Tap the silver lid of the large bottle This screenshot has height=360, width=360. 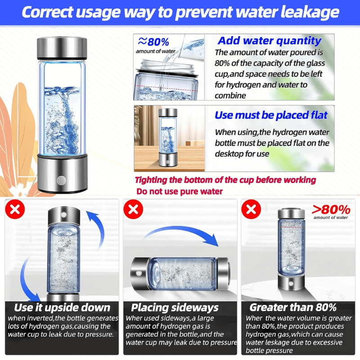pos(61,47)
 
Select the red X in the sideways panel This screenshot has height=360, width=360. pos(133,209)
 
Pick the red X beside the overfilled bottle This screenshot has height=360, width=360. pos(251,209)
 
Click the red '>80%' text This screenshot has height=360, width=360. pos(331,209)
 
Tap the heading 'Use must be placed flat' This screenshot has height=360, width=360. pos(271,115)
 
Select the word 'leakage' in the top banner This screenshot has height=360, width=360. pos(305,12)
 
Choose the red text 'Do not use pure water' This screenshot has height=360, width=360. pos(180,191)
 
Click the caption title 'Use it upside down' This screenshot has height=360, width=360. pos(62,308)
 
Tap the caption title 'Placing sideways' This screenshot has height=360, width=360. pos(175,308)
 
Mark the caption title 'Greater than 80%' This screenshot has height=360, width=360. pos(293,308)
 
